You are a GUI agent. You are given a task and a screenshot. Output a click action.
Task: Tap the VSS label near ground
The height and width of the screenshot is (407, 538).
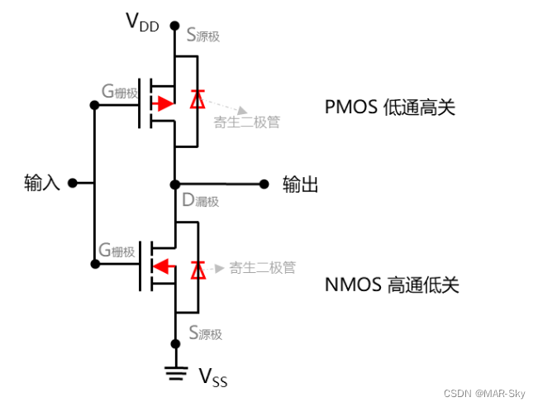212,378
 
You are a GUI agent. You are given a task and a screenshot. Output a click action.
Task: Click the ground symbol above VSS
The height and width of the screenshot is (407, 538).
174,372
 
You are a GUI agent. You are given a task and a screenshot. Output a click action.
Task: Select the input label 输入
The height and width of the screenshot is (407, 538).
42,183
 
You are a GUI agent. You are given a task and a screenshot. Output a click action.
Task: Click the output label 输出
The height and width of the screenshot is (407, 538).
301,184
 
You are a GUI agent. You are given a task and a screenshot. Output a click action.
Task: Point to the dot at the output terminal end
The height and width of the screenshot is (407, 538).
264,184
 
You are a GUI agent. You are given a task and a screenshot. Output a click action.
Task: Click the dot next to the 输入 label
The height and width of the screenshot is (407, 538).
73,183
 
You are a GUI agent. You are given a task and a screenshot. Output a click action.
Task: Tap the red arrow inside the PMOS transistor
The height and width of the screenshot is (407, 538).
163,104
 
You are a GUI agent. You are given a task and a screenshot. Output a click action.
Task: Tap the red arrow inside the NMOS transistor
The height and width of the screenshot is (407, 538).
164,266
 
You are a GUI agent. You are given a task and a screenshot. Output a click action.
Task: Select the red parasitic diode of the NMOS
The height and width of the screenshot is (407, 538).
197,269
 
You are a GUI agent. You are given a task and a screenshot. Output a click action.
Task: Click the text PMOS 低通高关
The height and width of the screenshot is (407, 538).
390,108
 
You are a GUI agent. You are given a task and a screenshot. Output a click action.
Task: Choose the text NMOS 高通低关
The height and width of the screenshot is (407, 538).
392,285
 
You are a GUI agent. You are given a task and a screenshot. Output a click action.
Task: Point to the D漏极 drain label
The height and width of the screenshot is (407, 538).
201,201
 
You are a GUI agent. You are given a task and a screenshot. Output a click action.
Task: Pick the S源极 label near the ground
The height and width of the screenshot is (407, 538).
205,333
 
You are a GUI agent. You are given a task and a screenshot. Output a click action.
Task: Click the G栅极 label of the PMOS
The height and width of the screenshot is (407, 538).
118,91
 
